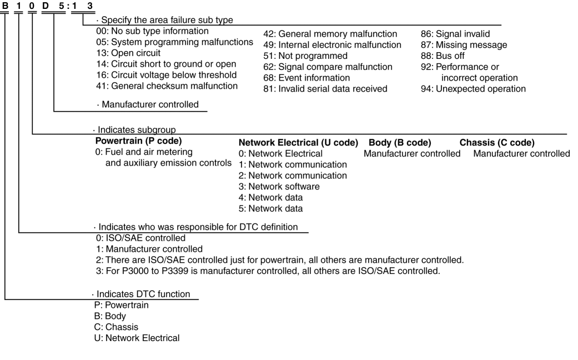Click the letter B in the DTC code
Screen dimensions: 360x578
[5, 6]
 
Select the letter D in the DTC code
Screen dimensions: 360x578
[46, 6]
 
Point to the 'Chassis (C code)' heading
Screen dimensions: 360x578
[497, 143]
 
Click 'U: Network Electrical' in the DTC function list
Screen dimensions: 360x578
[137, 337]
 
